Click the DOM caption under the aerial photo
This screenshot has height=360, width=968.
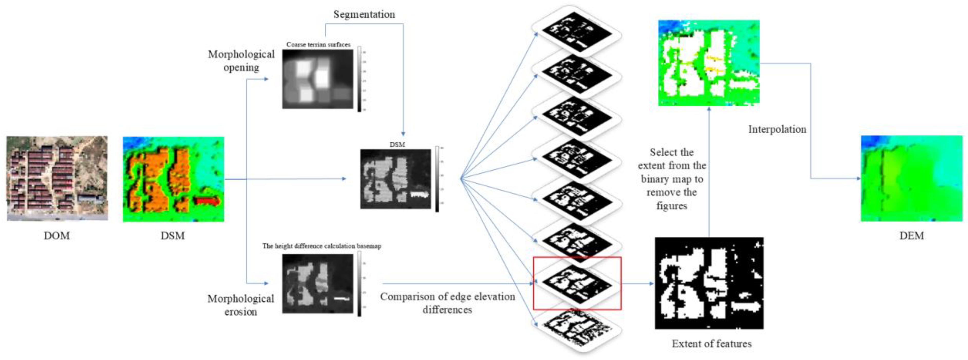[x=57, y=236]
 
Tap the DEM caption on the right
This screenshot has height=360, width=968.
[x=912, y=236]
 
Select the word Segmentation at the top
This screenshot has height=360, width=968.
[x=364, y=15]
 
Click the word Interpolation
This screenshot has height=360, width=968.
[x=777, y=129]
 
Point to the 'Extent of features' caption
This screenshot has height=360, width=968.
[x=712, y=344]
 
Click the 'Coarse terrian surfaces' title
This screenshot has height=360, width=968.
[x=318, y=44]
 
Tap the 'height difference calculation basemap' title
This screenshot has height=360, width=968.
[x=322, y=246]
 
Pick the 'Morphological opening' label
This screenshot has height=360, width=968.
[x=241, y=61]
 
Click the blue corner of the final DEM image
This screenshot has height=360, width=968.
[x=870, y=142]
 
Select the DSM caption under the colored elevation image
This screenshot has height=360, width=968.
[x=173, y=236]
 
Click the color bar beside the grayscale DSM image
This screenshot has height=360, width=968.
[x=437, y=179]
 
